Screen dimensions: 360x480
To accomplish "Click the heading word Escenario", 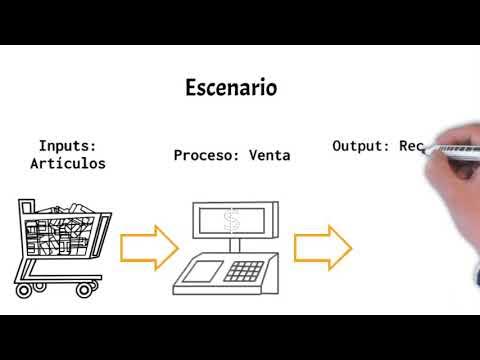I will [x=231, y=88].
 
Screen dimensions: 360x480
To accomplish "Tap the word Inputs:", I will [x=68, y=144].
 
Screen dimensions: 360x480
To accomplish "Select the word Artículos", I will [x=68, y=162].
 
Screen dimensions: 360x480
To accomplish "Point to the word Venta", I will [x=269, y=156].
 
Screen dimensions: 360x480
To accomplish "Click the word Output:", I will [x=360, y=146].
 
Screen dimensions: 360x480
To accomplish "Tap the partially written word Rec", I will [x=412, y=146].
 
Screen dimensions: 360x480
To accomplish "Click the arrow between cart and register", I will [x=147, y=246].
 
